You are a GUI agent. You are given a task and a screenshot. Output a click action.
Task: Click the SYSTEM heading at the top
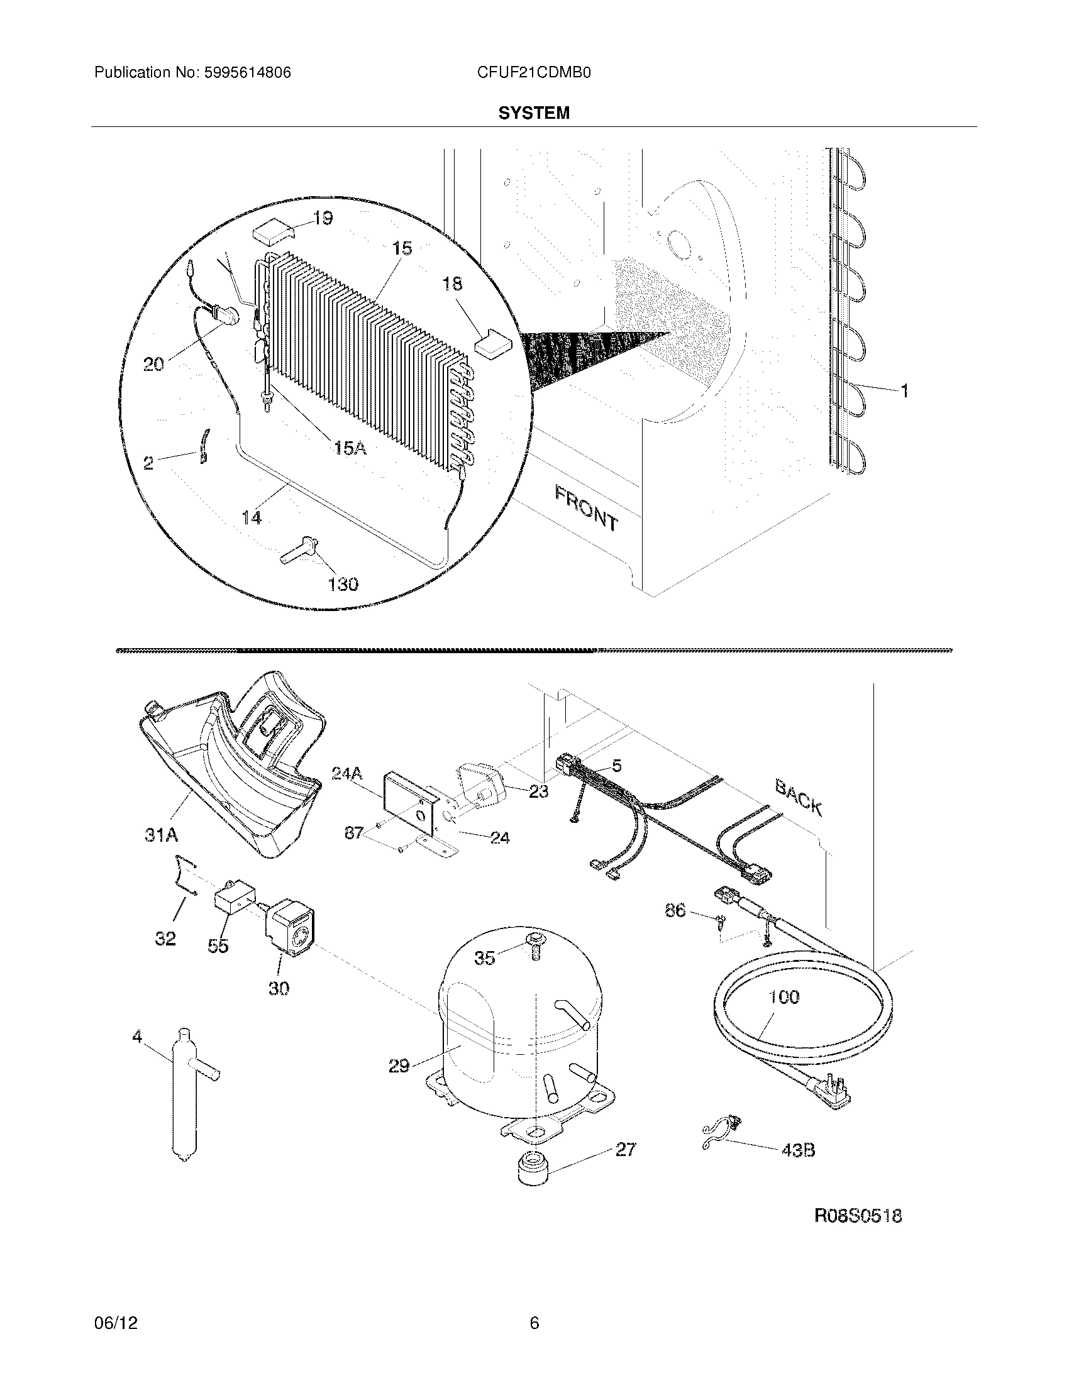pyautogui.click(x=533, y=113)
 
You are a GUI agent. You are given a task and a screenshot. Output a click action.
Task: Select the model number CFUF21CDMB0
pyautogui.click(x=533, y=73)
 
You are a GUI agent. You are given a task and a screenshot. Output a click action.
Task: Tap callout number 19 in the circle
pyautogui.click(x=323, y=219)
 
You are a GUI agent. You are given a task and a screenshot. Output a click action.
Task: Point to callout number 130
pyautogui.click(x=343, y=583)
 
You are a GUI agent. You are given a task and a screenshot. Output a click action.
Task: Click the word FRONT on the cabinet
pyautogui.click(x=586, y=507)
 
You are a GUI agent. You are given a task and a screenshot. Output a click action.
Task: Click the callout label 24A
pyautogui.click(x=346, y=773)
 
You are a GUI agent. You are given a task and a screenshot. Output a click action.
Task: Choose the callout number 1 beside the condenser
pyautogui.click(x=904, y=392)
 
